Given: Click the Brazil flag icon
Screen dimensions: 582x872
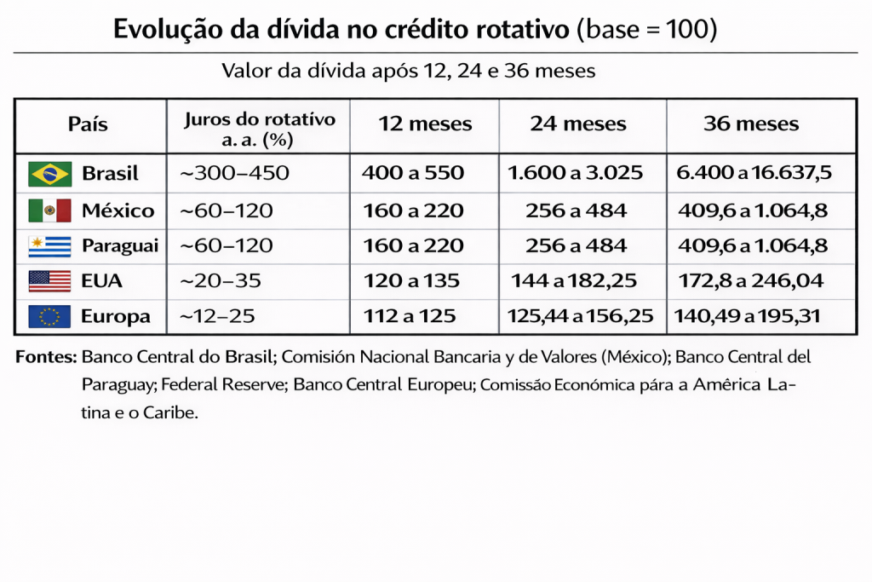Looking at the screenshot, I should click(49, 174).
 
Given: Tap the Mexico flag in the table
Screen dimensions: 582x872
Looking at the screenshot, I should click(49, 210).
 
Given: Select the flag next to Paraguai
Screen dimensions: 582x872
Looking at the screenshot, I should click(49, 246).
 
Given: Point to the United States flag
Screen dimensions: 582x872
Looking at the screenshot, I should click(49, 280).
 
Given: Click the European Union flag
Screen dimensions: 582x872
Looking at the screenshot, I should click(49, 317).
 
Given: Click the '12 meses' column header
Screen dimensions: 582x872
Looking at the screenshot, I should click(425, 124).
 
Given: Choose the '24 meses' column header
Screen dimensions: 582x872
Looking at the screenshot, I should click(578, 124).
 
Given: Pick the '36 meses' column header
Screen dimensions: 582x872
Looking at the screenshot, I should click(751, 124).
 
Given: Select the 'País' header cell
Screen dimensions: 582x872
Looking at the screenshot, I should click(88, 124).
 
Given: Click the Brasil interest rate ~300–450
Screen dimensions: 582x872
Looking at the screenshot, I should click(234, 174).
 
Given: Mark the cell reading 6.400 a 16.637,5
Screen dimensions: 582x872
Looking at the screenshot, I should click(754, 174).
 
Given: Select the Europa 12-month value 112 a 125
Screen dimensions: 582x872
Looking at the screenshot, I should click(409, 317).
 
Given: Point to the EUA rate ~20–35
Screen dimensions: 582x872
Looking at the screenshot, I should click(221, 280).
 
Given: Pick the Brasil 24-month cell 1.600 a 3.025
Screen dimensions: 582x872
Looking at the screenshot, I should click(576, 174).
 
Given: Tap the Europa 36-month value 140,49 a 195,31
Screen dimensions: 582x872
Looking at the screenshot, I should click(747, 317).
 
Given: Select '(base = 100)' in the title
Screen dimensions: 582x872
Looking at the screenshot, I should click(647, 30).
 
